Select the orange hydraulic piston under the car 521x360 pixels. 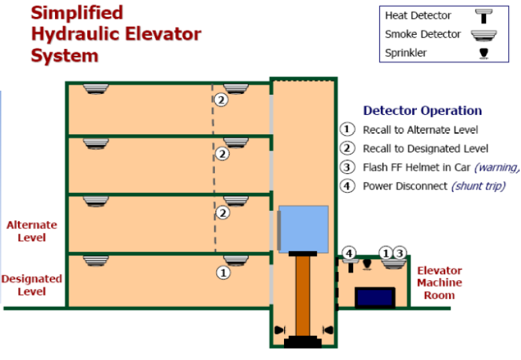(x=302, y=295)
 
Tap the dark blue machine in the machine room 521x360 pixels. (x=375, y=296)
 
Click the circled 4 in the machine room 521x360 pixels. (x=349, y=253)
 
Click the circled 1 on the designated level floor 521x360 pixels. (x=222, y=273)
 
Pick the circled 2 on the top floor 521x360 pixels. (x=222, y=99)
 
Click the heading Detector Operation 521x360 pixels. (x=422, y=111)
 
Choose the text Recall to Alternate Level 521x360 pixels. (x=420, y=130)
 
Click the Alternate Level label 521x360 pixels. (x=32, y=231)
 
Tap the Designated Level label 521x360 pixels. (x=32, y=285)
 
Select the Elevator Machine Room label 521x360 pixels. (x=440, y=283)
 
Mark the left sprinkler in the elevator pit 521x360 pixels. (x=279, y=330)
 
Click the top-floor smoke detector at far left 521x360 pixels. (x=96, y=89)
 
